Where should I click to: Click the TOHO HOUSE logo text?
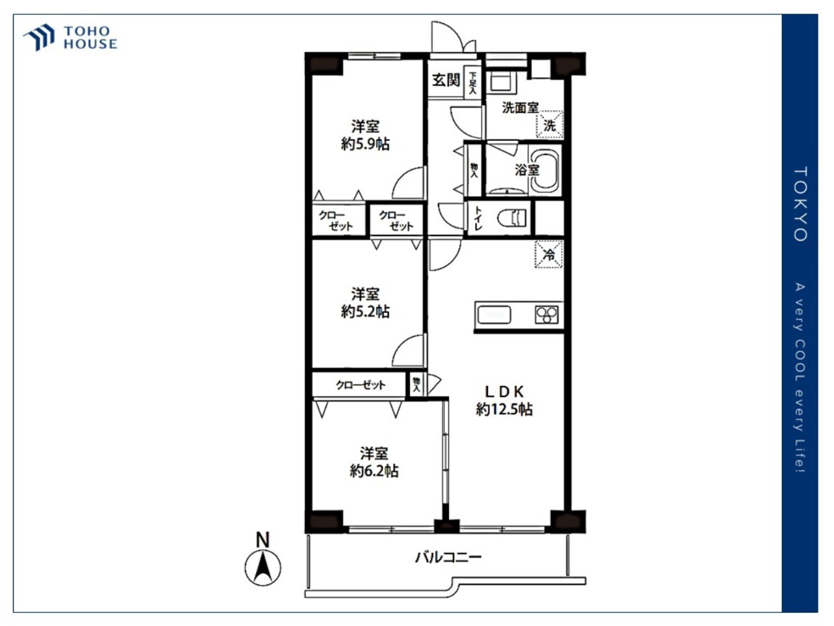[x=90, y=38]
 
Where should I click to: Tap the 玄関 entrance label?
[x=446, y=80]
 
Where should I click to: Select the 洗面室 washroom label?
[x=520, y=108]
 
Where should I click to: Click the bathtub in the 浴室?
[x=545, y=171]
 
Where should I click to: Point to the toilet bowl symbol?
[x=511, y=219]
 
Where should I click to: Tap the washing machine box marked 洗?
[x=549, y=125]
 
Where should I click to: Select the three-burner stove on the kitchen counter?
[x=547, y=315]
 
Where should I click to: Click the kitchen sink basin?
[x=494, y=315]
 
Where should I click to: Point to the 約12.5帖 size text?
[x=504, y=410]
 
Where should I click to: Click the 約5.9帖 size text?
[x=365, y=144]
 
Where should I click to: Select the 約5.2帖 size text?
[x=365, y=312]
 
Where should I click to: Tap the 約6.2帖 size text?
[x=374, y=471]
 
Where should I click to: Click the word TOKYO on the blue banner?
[x=799, y=204]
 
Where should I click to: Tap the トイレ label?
[x=478, y=218]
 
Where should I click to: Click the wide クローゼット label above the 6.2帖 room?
[x=360, y=385]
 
